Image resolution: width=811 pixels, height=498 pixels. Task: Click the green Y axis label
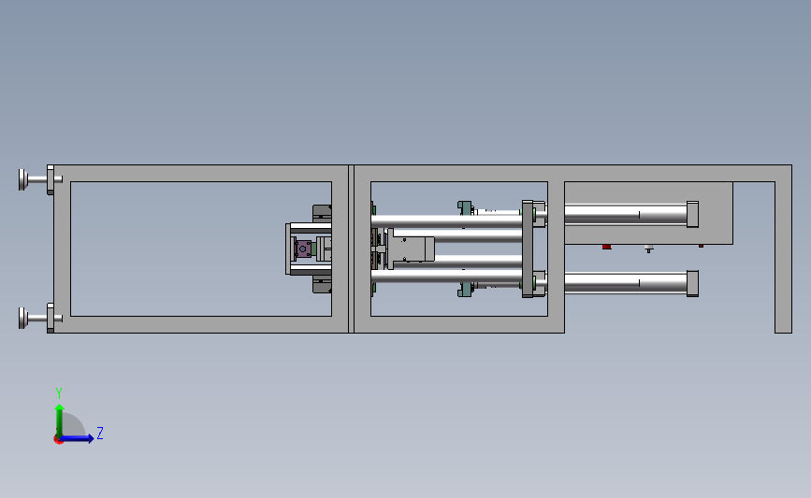click(58, 393)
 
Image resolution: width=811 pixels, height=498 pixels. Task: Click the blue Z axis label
click(99, 434)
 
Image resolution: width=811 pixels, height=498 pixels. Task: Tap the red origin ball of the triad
click(58, 439)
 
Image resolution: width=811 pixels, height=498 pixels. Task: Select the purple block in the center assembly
click(303, 250)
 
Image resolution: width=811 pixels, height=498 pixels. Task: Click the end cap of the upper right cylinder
click(692, 214)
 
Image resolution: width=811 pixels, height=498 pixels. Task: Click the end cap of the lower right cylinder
click(692, 283)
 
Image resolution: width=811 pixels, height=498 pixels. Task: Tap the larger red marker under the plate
click(606, 247)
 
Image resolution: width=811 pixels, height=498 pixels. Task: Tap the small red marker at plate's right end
click(702, 246)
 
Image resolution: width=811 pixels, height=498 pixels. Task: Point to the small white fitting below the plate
click(649, 249)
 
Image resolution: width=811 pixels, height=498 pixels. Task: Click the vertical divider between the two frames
click(351, 249)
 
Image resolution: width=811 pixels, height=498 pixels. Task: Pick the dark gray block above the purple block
click(322, 213)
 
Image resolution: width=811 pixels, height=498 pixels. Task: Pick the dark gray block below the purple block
click(322, 285)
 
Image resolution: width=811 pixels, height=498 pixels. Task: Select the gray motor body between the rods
click(412, 249)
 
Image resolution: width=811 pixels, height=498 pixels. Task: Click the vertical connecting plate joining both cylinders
click(527, 249)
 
